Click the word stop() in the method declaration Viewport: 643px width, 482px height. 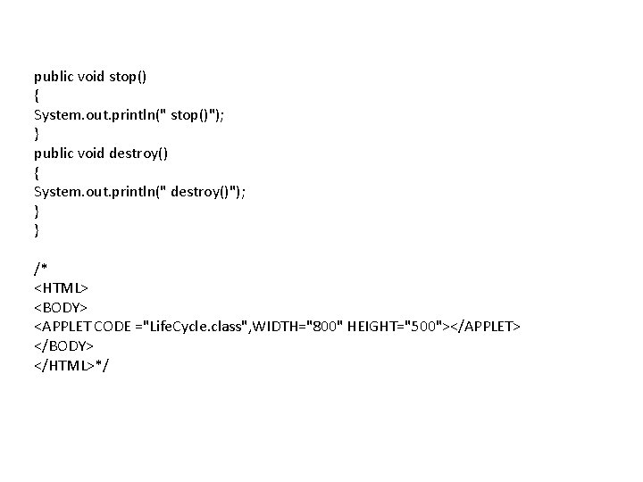129,77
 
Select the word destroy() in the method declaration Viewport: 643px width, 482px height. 138,154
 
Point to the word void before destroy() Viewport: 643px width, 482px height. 92,154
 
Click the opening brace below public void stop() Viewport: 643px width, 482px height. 37,96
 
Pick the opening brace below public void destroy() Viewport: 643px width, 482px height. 37,172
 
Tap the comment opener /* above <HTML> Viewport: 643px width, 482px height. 40,270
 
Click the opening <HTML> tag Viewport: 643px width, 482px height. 61,288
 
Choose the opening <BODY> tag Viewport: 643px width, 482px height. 61,308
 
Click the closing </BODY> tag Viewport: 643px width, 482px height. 63,345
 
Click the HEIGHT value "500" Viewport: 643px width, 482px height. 422,327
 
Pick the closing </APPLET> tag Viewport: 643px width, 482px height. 483,327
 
